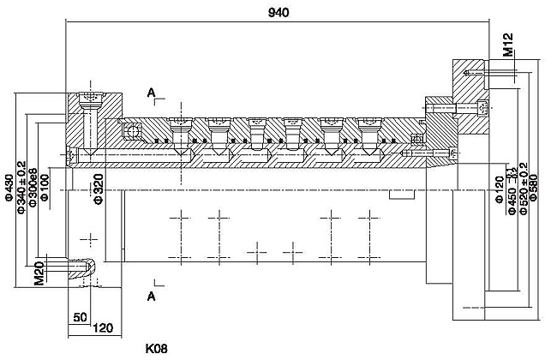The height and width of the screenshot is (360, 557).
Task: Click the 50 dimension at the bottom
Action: coord(80,317)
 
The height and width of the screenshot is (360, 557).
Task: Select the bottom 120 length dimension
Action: coord(104,327)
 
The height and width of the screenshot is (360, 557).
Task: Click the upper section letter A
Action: coord(151,91)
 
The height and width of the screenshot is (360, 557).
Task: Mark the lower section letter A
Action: coord(151,297)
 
